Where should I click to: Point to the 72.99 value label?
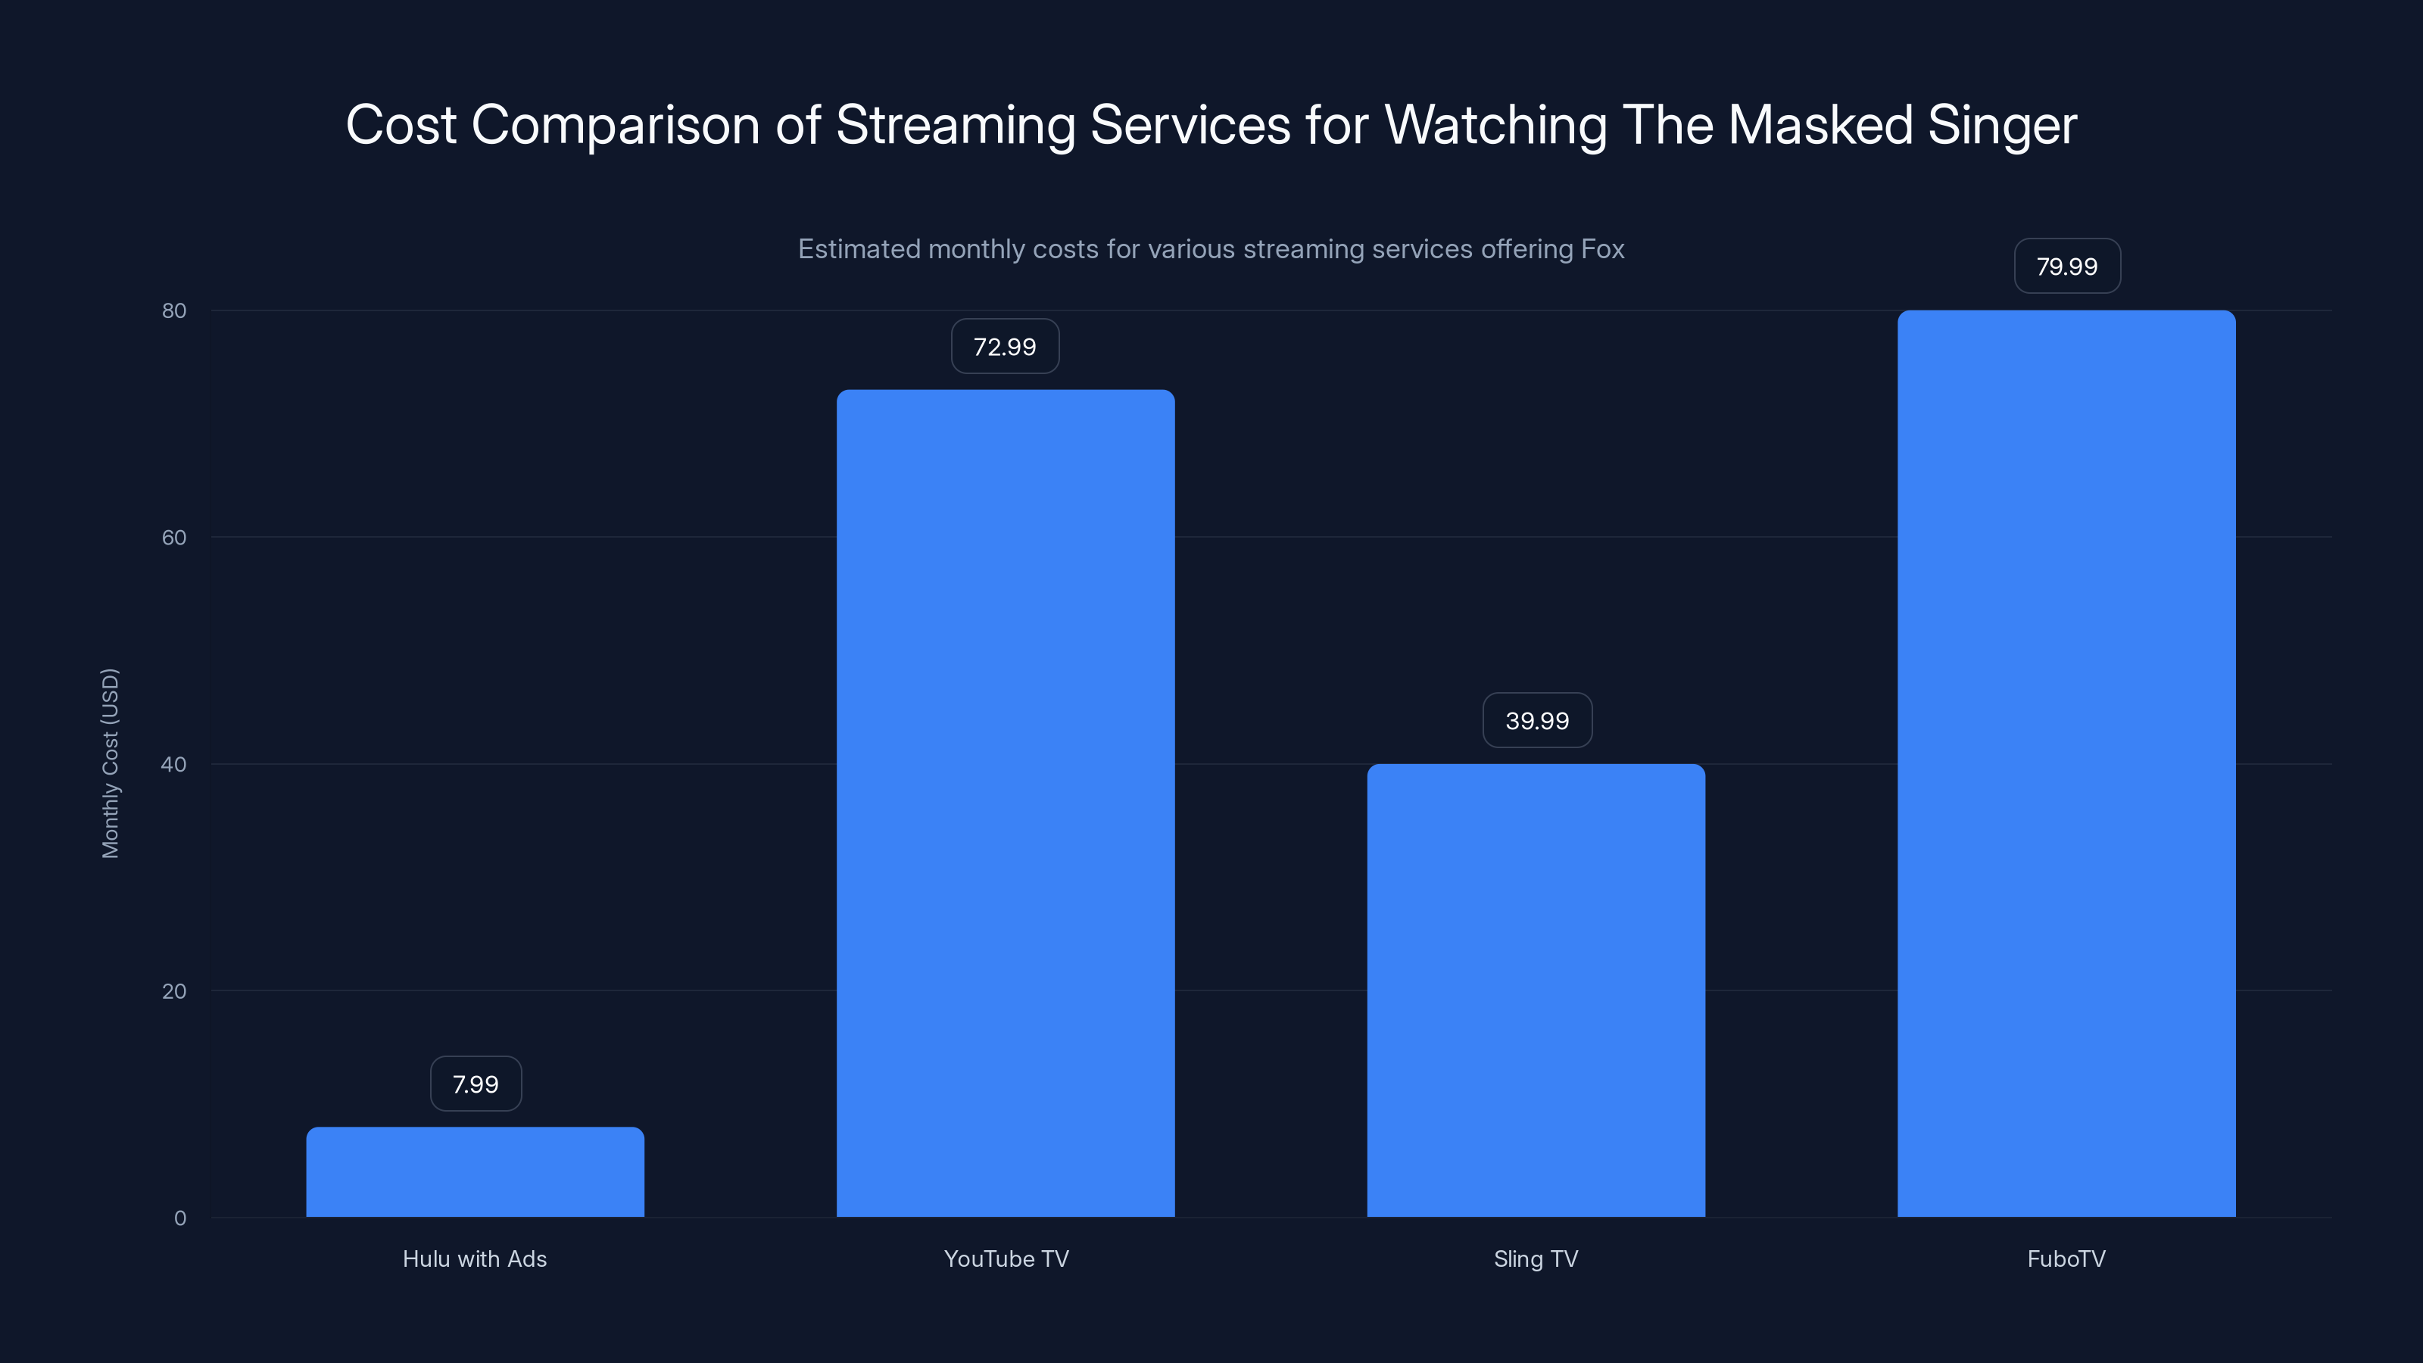(1005, 346)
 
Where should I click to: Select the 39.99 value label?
(1537, 721)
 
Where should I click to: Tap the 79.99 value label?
(2066, 267)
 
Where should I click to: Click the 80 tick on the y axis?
(174, 310)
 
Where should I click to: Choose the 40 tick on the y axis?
(174, 764)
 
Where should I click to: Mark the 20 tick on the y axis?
(174, 990)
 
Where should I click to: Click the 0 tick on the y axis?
(179, 1218)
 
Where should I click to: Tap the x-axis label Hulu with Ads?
(475, 1259)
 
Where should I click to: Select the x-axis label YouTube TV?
(1006, 1259)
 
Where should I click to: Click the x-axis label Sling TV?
(1536, 1259)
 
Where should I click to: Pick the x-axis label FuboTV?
(2066, 1259)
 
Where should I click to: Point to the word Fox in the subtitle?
(1603, 248)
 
